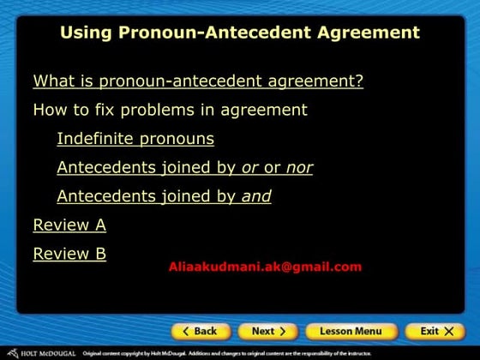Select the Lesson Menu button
click(x=351, y=331)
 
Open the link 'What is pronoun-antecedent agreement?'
click(x=198, y=81)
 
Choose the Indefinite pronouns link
click(x=135, y=139)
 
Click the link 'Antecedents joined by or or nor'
click(x=184, y=167)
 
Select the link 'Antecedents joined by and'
click(x=164, y=196)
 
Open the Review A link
click(x=69, y=225)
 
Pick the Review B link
click(x=69, y=254)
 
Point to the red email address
click(x=266, y=267)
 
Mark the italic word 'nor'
click(x=299, y=167)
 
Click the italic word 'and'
click(x=256, y=196)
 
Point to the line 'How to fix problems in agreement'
click(x=170, y=110)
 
